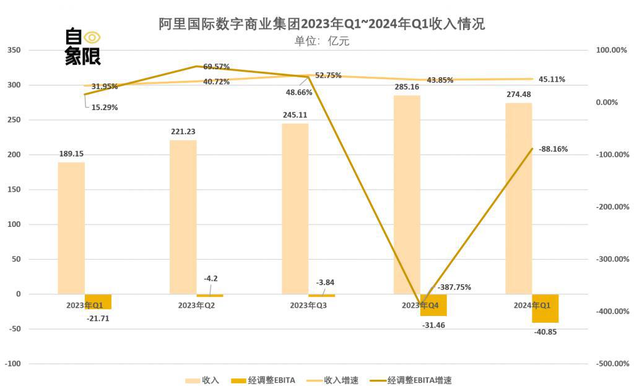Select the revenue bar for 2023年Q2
pos(183,216)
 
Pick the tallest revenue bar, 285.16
pos(407,194)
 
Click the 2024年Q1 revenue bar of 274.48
pos(519,198)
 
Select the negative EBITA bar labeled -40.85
pos(545,309)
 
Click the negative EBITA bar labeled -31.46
pos(433,305)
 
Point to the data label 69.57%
pos(216,66)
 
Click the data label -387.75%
pos(454,287)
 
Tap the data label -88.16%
pos(553,149)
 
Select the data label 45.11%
pos(552,79)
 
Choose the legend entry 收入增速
pos(334,380)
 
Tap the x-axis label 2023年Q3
pos(308,305)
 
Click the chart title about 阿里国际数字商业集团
pos(321,24)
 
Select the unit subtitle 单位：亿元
pos(322,41)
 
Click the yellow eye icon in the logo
pos(92,37)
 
